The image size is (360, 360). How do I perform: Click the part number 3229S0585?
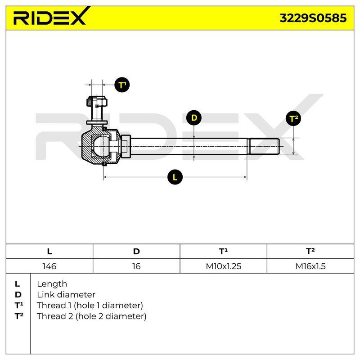313,18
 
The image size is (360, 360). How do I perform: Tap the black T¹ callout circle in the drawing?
122,85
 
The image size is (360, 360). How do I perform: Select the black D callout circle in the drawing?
194,118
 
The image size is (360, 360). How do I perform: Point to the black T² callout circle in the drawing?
293,118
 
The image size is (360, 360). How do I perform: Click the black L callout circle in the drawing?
175,177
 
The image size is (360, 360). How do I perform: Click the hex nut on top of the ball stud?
97,101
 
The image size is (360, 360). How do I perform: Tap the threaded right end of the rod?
264,146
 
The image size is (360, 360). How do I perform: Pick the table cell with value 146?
49,266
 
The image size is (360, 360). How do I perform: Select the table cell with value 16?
136,266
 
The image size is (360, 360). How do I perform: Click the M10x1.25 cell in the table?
223,266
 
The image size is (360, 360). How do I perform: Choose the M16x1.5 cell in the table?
310,266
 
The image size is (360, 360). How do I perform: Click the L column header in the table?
49,252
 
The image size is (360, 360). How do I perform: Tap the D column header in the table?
136,252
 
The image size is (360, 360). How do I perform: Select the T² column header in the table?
310,252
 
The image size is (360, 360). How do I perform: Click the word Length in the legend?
52,284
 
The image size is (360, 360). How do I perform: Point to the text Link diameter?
66,295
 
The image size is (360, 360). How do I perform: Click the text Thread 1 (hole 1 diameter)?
90,306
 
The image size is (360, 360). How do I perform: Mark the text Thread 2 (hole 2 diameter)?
91,316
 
